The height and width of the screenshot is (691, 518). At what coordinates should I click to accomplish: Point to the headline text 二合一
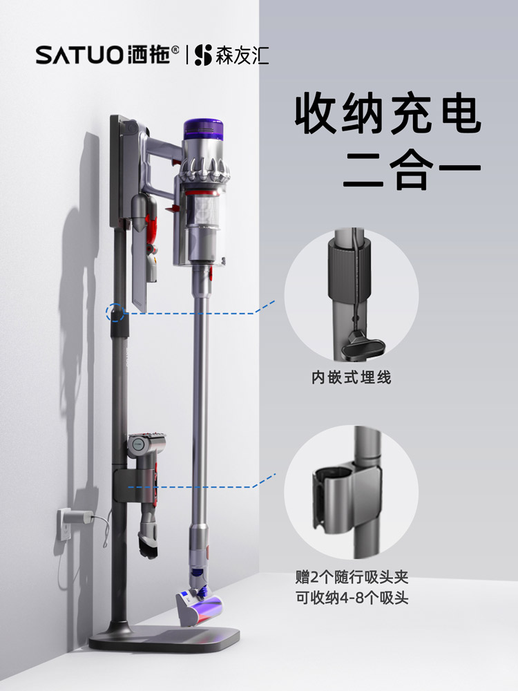click(x=412, y=172)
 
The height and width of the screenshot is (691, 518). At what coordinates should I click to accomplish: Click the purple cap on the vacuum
click(x=204, y=129)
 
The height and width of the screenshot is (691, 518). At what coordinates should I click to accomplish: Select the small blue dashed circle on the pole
click(x=115, y=312)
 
